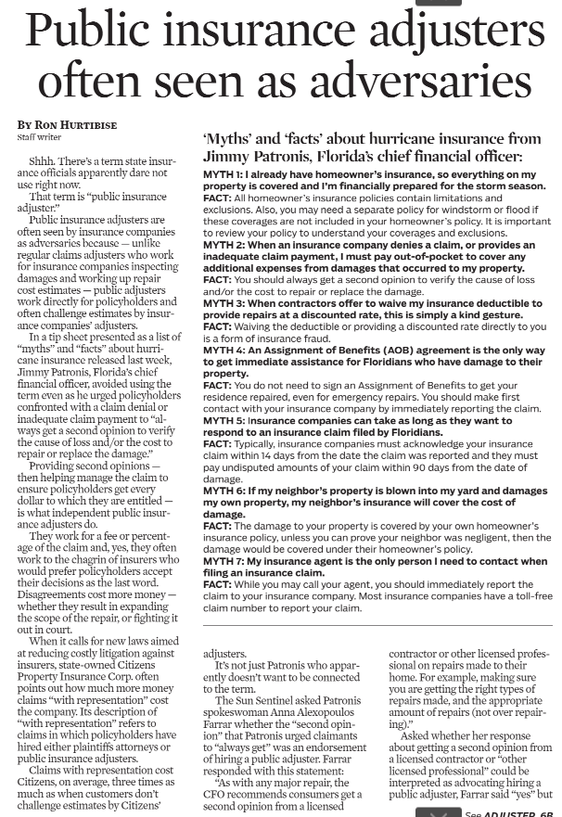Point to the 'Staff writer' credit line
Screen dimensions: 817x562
pyautogui.click(x=37, y=137)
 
